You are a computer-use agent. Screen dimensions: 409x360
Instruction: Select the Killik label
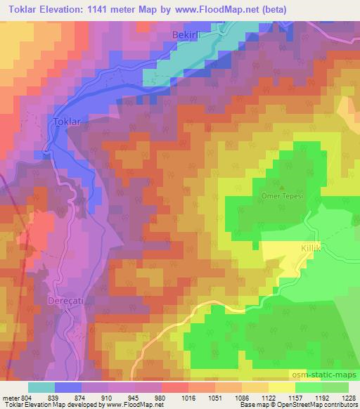[x=291, y=248]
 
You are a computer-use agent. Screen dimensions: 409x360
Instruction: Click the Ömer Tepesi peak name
[x=284, y=196]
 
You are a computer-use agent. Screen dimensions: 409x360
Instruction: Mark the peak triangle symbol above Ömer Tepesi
[x=283, y=188]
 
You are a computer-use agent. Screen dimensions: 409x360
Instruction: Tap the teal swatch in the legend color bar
[x=41, y=387]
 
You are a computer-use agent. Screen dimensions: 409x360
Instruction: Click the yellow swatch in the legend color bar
[x=282, y=387]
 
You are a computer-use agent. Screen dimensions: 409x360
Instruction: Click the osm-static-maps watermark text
[x=323, y=374]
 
